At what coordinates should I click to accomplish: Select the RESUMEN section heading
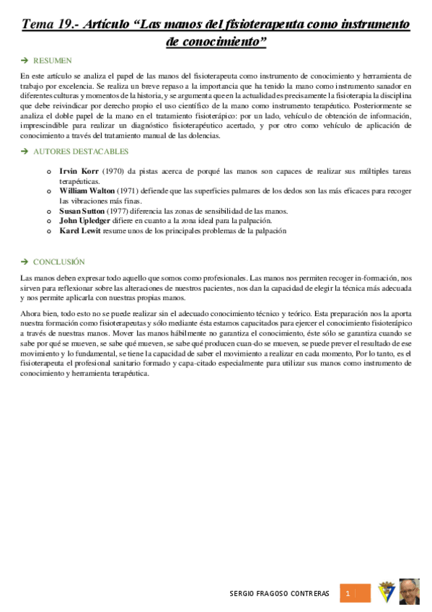point(53,61)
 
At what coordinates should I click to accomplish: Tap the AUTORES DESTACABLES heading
point(81,152)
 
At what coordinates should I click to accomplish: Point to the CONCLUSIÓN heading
point(59,261)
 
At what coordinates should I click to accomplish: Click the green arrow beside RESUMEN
point(25,61)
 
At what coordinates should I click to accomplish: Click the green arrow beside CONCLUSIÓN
point(25,261)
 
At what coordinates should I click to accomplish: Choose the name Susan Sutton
point(81,211)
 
